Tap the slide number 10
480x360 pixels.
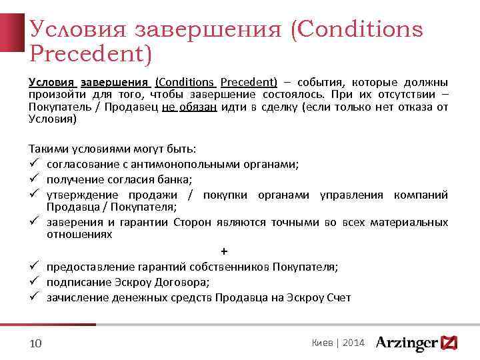(x=36, y=343)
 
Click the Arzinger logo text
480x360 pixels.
(x=407, y=343)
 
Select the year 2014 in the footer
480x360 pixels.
(x=353, y=343)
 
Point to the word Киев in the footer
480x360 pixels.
(x=323, y=343)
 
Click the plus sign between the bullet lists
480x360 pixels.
(x=223, y=251)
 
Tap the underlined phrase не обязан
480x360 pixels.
(x=189, y=107)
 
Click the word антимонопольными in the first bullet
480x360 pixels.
(x=169, y=165)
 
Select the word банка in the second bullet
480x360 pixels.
(x=175, y=180)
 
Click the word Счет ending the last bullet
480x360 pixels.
(x=339, y=297)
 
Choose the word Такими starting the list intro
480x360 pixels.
(x=45, y=149)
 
